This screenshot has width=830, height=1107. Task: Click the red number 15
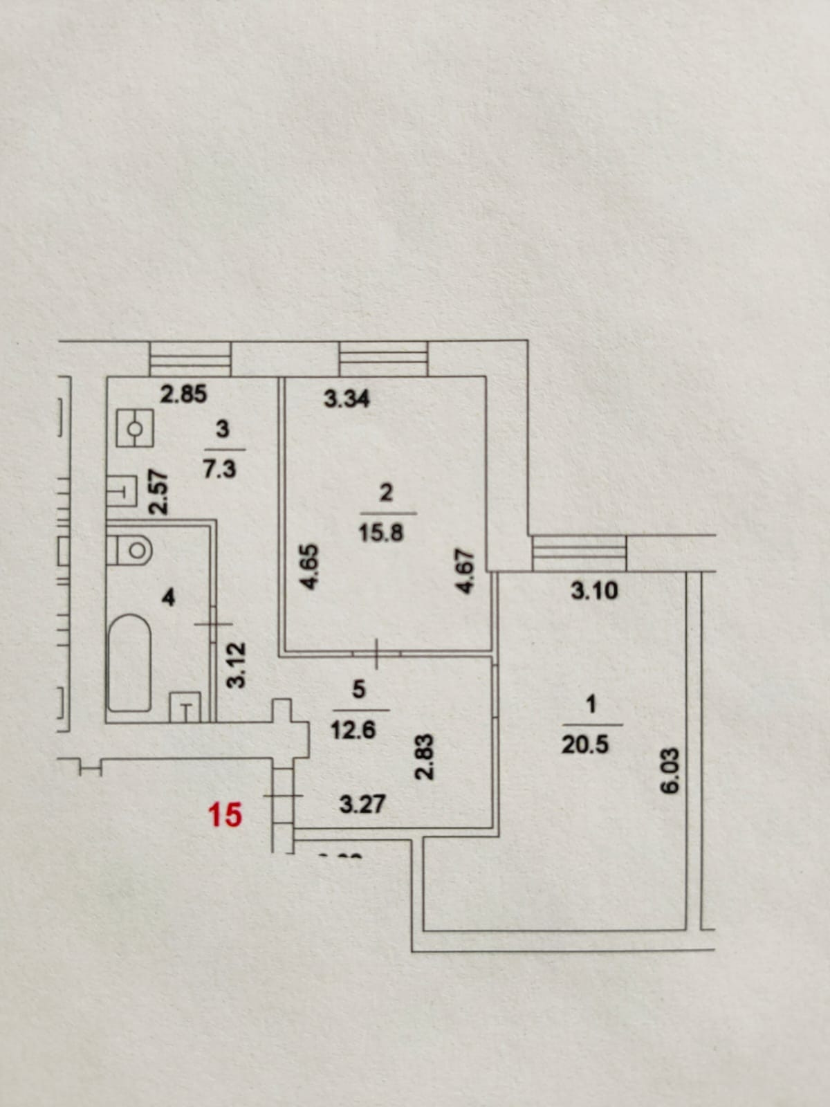point(225,815)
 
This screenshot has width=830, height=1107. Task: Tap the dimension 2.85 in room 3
point(183,394)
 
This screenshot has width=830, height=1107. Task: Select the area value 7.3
point(219,470)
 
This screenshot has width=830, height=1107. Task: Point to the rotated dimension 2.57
point(159,492)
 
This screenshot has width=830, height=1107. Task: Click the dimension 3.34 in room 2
point(347,399)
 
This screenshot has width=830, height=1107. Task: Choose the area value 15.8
point(381,533)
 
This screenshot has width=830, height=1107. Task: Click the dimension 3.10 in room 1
point(594,592)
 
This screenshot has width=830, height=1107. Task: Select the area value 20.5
point(585,745)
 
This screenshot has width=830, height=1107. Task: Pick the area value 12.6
point(353,730)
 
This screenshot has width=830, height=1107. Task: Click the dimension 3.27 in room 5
point(362,805)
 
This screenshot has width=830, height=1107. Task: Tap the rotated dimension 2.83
point(426,757)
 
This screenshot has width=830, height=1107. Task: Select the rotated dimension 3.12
point(237,665)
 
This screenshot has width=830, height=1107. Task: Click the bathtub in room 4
point(130,662)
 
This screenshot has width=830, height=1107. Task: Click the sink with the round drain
point(134,429)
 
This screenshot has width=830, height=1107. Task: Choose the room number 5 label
point(358,689)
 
